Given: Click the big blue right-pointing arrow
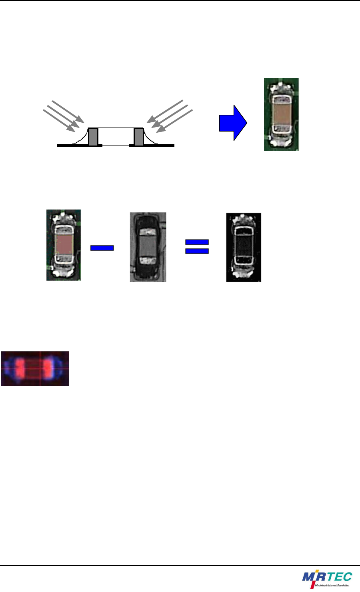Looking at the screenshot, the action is tap(233, 123).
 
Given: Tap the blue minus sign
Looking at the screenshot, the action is tap(102, 248).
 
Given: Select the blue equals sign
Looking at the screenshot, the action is tap(197, 247).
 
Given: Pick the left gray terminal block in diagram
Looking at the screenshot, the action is tap(93, 137).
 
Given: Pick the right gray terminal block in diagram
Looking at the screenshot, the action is tap(138, 137).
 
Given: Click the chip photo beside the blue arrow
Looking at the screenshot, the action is tap(281, 114).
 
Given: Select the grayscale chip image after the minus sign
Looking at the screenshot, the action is tap(148, 247).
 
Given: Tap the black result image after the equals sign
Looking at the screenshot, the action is tap(244, 247).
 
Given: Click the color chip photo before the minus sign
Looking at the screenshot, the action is tap(64, 245).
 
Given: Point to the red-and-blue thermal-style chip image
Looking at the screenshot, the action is tap(35, 369).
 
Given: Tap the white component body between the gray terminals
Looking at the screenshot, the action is tap(116, 137).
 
